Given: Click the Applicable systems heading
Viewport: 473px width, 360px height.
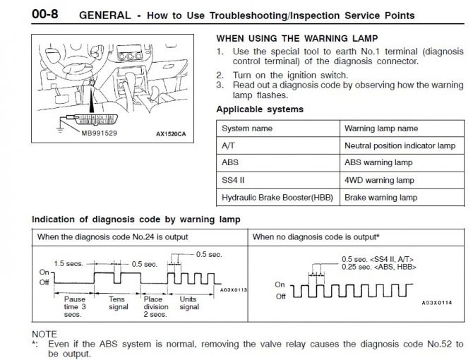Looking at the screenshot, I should click(260, 109).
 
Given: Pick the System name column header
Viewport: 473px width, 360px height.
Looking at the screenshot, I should click(247, 128).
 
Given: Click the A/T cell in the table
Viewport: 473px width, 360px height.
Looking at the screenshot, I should click(229, 145).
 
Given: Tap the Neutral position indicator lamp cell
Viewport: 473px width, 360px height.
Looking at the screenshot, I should click(400, 145).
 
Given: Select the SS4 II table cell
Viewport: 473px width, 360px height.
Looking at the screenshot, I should click(233, 180).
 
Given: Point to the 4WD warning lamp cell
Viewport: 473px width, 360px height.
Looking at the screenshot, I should click(379, 180).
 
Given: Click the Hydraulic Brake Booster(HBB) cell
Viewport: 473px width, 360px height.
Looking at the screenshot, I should click(277, 197).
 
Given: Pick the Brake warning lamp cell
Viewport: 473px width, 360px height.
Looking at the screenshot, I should click(381, 197).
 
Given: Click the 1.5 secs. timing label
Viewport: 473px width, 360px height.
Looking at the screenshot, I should click(68, 263).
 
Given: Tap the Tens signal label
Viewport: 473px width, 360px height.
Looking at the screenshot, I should click(118, 303).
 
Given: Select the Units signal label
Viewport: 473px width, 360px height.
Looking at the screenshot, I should click(188, 303).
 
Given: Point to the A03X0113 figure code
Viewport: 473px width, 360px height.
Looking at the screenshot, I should click(232, 290).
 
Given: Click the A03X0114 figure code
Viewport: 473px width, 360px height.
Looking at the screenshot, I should click(437, 303).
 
